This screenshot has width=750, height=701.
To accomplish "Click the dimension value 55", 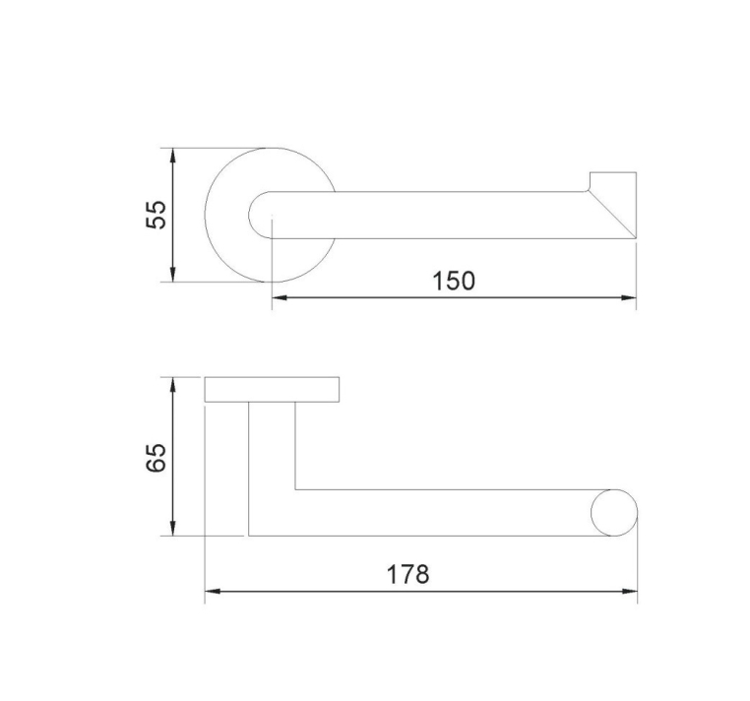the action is point(156,215).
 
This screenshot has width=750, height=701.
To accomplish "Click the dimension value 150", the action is point(454,281).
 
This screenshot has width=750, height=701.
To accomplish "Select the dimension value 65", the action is point(156,458).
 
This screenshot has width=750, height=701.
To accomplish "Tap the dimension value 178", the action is point(408,574).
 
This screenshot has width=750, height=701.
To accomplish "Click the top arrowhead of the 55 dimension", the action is point(173,156).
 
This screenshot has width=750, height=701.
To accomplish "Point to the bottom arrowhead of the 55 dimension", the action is point(173,274).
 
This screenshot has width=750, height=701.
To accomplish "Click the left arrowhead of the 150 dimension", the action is point(280,297).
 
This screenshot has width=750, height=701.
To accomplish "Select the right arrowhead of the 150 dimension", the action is point(629,297).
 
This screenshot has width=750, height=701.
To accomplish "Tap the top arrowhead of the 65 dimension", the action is point(173,385).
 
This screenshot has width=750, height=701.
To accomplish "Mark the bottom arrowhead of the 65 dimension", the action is point(173,528).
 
